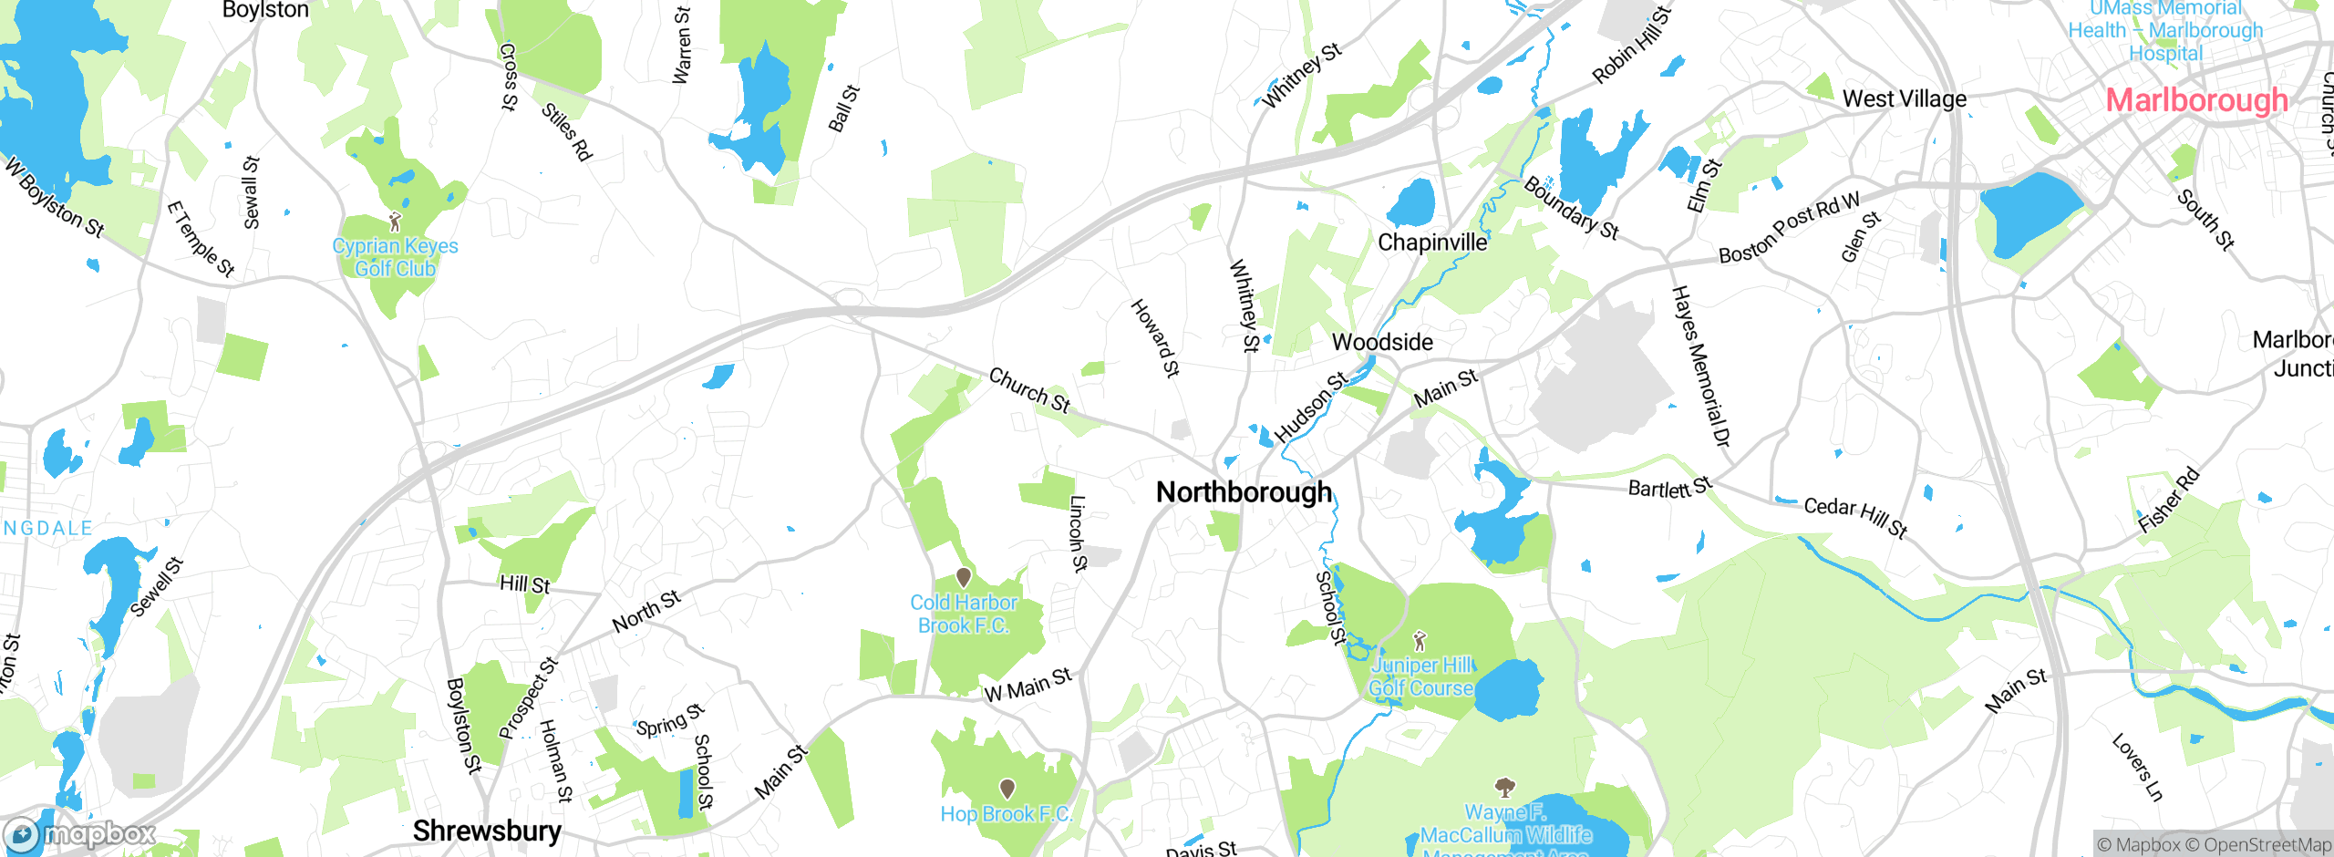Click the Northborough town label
1244,492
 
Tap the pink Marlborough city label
2196,100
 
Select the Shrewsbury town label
487,831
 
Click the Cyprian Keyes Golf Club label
395,257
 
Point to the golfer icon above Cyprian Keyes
395,222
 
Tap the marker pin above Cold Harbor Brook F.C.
963,577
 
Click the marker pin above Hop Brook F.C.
1007,788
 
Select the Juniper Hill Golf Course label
1420,677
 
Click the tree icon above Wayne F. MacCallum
1504,787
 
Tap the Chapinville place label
1432,243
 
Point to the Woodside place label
1382,342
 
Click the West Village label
1904,98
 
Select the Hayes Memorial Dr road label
1699,367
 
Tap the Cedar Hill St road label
1855,517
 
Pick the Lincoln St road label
1078,533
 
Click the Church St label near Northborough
1029,390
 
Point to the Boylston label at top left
265,10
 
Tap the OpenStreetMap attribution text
2267,845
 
